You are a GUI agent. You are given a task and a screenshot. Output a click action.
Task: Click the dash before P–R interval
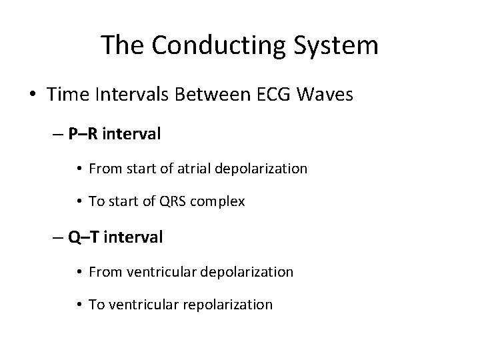(58, 135)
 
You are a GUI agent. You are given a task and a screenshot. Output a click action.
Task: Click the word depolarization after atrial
(262, 169)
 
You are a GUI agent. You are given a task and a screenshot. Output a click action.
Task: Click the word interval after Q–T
(137, 237)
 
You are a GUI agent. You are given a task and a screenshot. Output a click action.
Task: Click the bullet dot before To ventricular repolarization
(79, 305)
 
